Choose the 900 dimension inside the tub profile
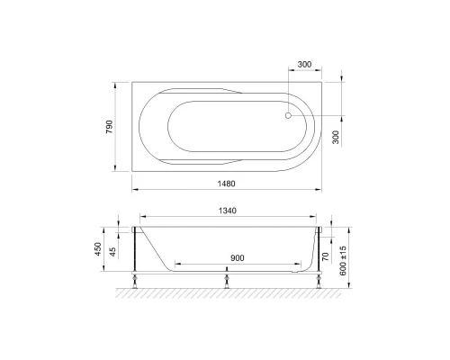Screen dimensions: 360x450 coord(237,257)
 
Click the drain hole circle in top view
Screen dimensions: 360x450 coord(289,114)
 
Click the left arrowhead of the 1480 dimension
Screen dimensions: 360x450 coord(136,189)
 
